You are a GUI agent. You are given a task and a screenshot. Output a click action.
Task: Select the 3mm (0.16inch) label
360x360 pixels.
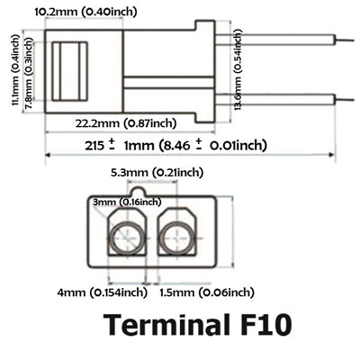127,202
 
